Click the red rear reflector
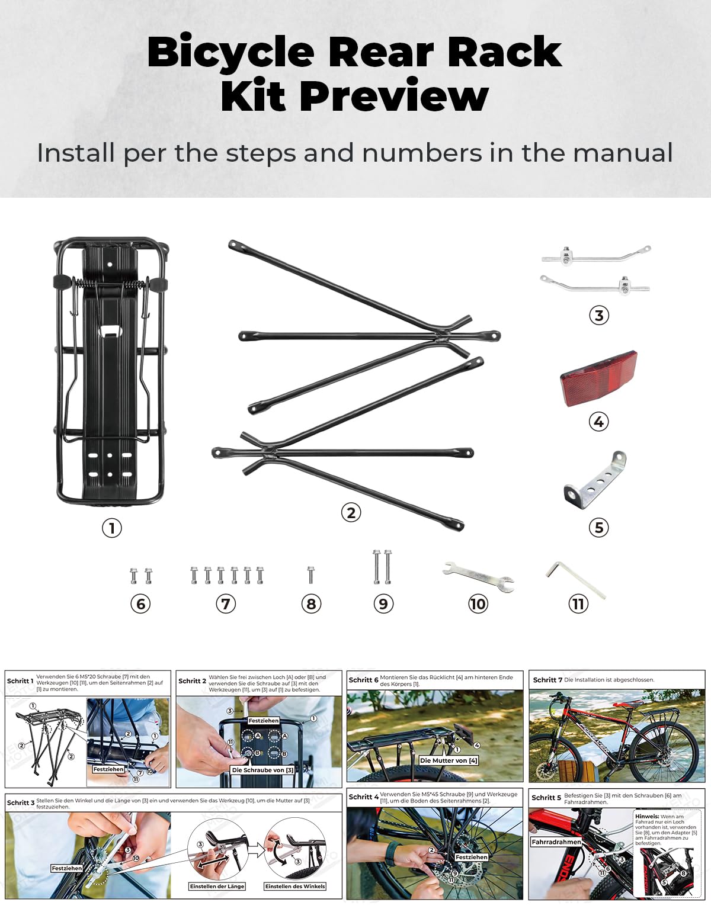pyautogui.click(x=598, y=378)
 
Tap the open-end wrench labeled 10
pyautogui.click(x=479, y=577)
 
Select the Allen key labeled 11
pyautogui.click(x=575, y=579)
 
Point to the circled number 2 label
pyautogui.click(x=351, y=512)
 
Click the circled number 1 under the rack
pyautogui.click(x=111, y=527)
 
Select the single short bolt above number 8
pyautogui.click(x=310, y=574)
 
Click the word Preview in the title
pyautogui.click(x=394, y=96)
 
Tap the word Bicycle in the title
pyautogui.click(x=230, y=52)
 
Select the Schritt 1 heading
pyautogui.click(x=20, y=681)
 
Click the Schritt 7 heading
pyautogui.click(x=547, y=680)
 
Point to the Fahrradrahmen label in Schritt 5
pyautogui.click(x=556, y=842)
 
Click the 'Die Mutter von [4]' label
pyautogui.click(x=449, y=760)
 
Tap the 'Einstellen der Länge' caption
pyautogui.click(x=217, y=887)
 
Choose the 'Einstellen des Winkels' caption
pyautogui.click(x=295, y=887)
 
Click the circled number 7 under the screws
pyautogui.click(x=225, y=604)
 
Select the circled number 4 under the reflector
pyautogui.click(x=598, y=422)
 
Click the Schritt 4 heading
pyautogui.click(x=363, y=797)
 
